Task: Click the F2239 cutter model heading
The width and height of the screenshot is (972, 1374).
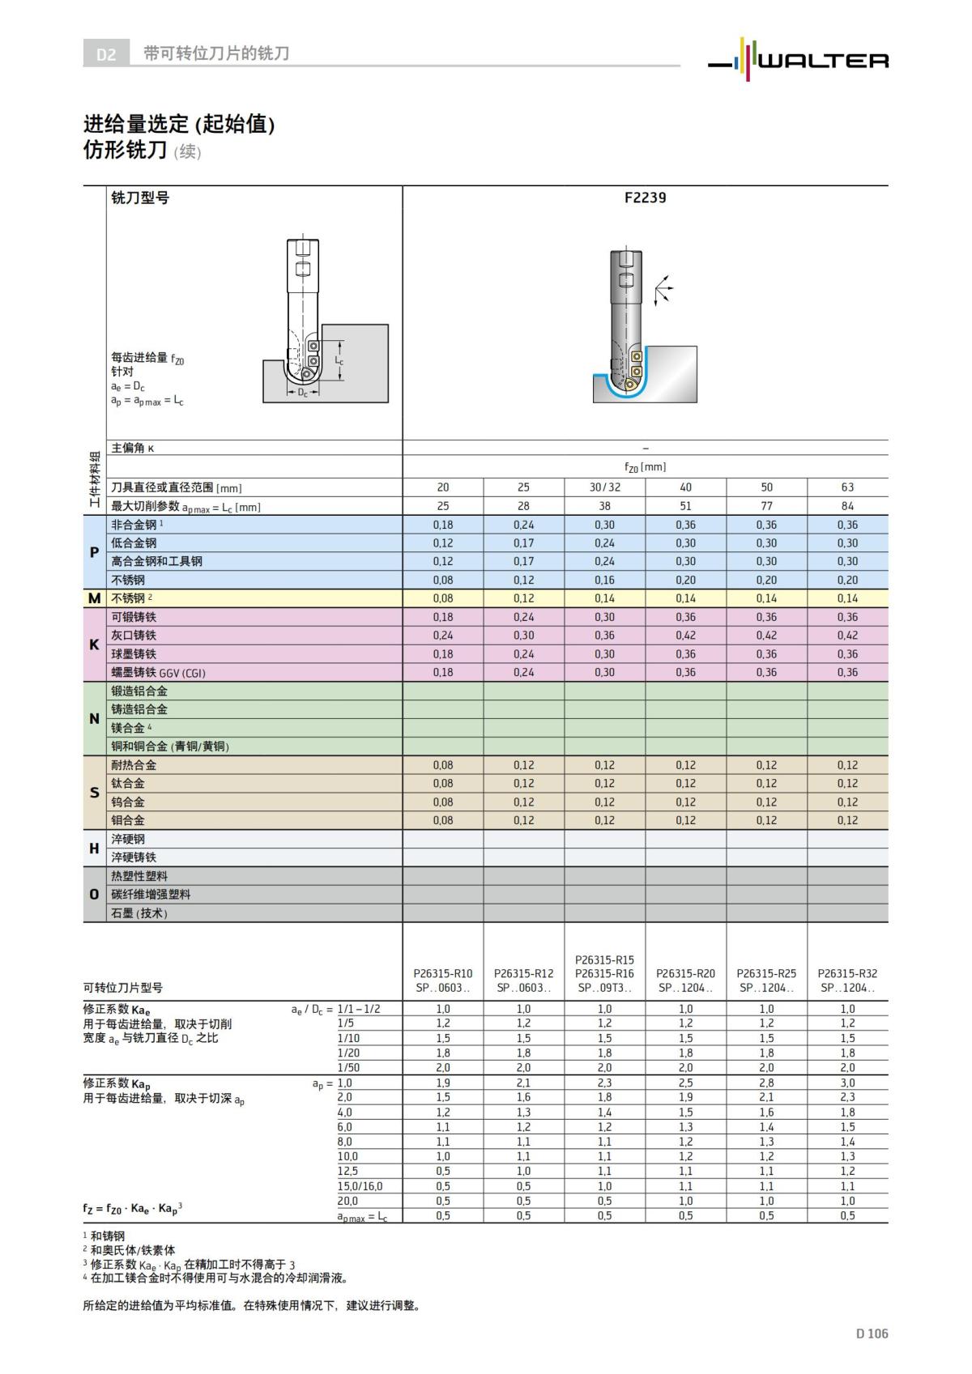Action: click(645, 198)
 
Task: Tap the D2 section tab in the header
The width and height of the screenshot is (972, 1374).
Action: click(106, 54)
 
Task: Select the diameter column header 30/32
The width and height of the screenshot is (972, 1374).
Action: click(604, 487)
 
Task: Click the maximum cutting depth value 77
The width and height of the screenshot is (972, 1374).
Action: click(766, 506)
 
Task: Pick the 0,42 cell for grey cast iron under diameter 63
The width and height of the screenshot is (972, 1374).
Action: click(847, 636)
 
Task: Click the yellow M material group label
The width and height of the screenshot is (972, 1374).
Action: click(94, 598)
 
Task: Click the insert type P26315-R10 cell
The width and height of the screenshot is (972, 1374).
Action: click(442, 973)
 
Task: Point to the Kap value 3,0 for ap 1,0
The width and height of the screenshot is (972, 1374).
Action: click(847, 1083)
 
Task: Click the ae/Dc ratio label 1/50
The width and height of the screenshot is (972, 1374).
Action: click(348, 1067)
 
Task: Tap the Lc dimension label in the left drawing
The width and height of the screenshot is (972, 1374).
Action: click(339, 360)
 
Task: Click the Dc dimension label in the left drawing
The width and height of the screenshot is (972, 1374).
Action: click(301, 393)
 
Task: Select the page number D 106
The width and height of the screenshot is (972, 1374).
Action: click(872, 1334)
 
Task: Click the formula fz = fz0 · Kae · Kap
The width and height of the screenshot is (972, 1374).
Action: click(132, 1208)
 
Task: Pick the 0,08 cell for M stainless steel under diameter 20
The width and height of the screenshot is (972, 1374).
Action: click(442, 598)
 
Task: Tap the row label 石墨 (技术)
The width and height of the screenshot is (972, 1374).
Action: click(139, 913)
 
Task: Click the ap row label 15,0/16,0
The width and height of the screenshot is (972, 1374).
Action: click(360, 1186)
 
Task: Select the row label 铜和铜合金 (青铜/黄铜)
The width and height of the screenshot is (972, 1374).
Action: click(169, 747)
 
